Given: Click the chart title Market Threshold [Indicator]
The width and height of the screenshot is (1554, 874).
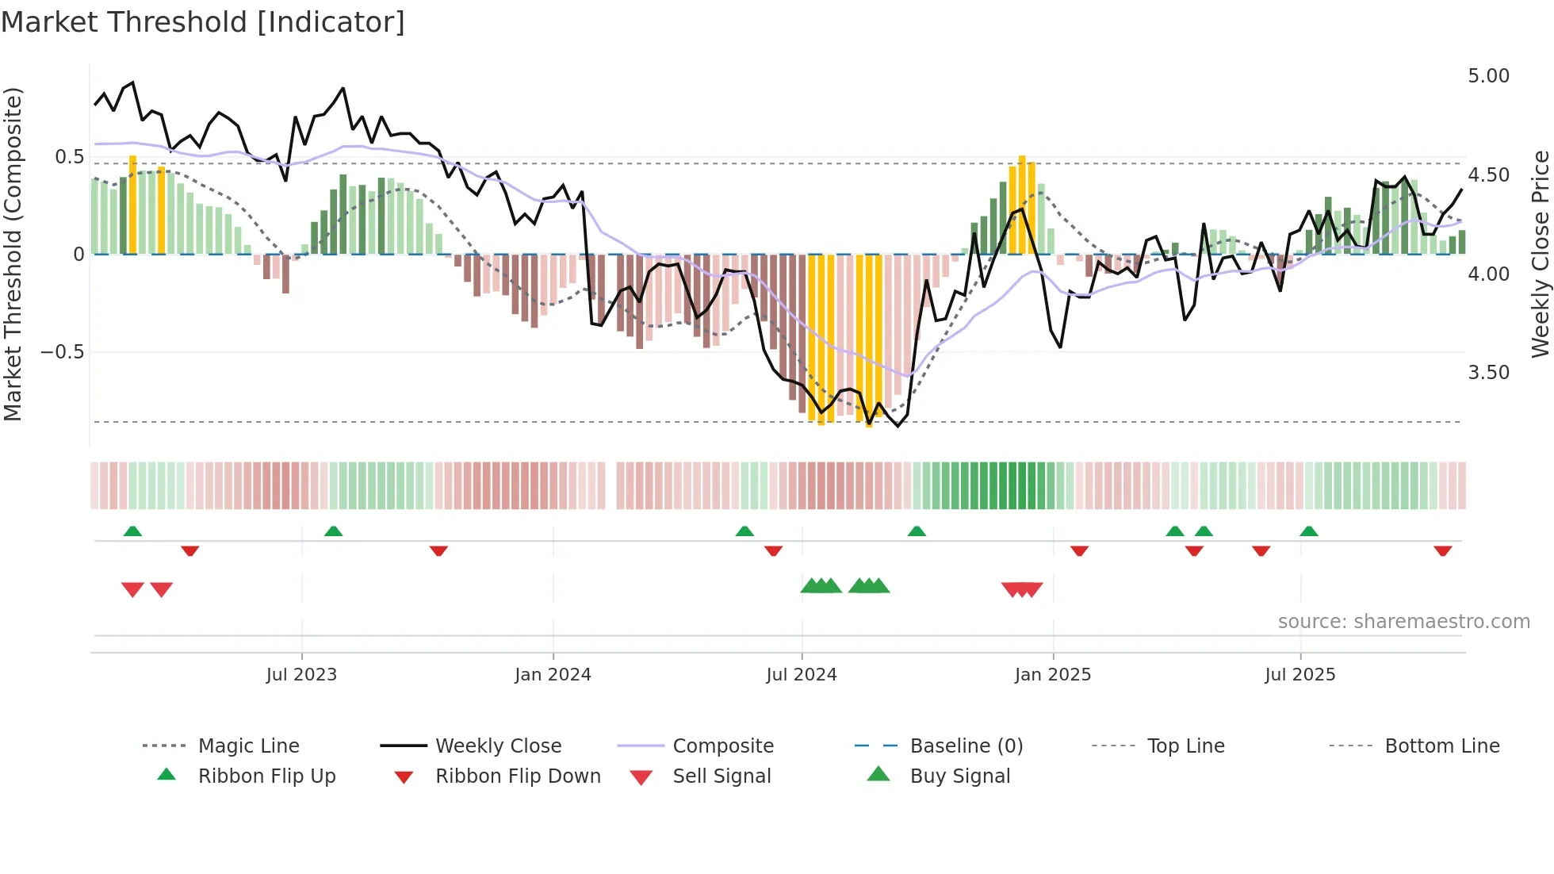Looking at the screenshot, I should pos(203,22).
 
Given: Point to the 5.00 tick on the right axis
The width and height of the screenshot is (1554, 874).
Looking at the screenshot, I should pos(1488,76).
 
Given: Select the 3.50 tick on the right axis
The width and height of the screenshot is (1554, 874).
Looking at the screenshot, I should pos(1488,373).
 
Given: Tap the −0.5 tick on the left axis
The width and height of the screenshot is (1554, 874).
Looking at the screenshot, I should pos(62,352).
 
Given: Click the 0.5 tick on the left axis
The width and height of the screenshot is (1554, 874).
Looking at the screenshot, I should pos(69,157).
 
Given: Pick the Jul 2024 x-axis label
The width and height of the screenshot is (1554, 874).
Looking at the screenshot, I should pos(801,675).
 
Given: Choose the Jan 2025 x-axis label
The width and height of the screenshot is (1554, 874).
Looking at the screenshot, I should pos(1052,675).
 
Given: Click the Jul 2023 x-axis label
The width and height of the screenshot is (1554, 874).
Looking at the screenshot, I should pos(301,675).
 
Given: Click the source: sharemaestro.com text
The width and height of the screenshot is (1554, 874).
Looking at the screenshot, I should pos(1403,622).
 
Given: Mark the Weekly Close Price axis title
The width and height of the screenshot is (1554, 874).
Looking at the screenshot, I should pos(1539,254).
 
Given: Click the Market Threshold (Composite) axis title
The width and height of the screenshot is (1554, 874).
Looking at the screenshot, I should pos(13,254).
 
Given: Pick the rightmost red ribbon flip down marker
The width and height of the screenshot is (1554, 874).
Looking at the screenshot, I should pos(1442,550).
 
